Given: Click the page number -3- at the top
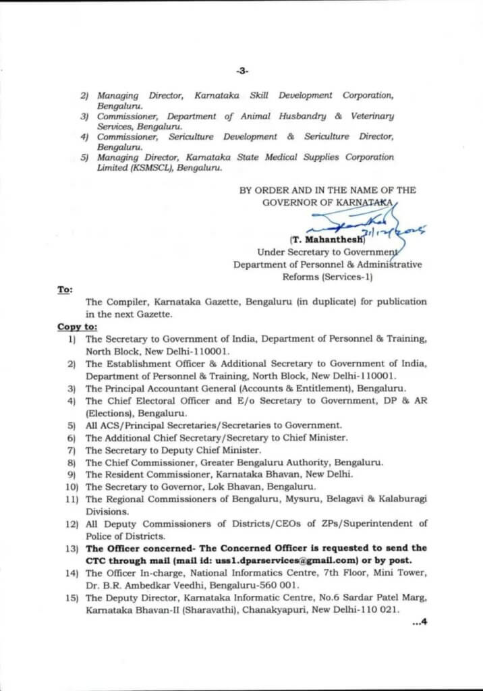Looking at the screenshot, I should tap(242, 70).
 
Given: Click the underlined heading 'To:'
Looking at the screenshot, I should tap(65, 289).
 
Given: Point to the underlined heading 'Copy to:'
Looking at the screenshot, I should tap(78, 327).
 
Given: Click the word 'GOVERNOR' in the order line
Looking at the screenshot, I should tap(286, 202).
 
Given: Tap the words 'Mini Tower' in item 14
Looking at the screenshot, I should tap(403, 574).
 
